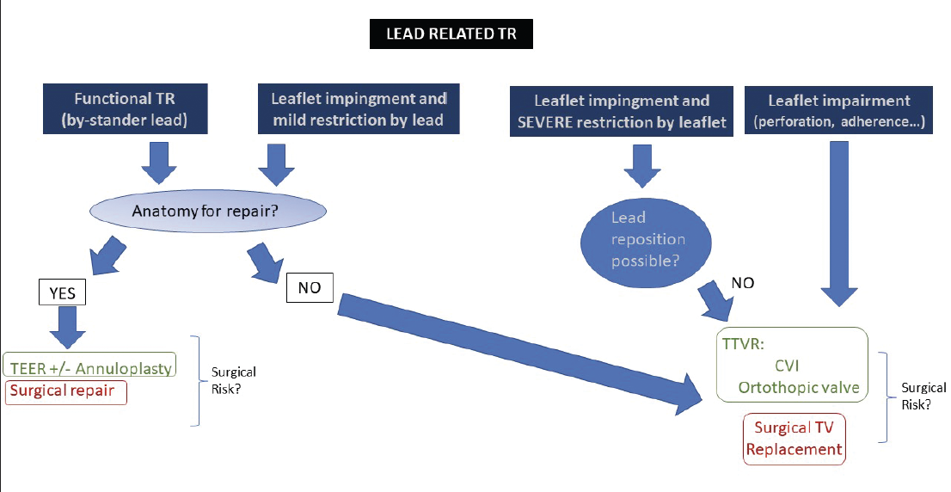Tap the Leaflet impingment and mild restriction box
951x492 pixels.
tap(359, 109)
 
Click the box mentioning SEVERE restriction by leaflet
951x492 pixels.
tap(622, 112)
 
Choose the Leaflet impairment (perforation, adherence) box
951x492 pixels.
tap(839, 111)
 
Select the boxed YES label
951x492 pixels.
tap(62, 293)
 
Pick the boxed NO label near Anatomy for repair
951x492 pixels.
tap(310, 288)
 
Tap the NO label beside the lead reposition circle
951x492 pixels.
tap(743, 282)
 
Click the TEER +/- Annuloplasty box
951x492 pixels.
tap(89, 367)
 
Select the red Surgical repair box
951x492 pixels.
tap(66, 392)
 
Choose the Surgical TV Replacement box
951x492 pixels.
tap(794, 439)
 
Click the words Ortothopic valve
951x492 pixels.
tap(799, 388)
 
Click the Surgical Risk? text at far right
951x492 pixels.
tap(923, 397)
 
